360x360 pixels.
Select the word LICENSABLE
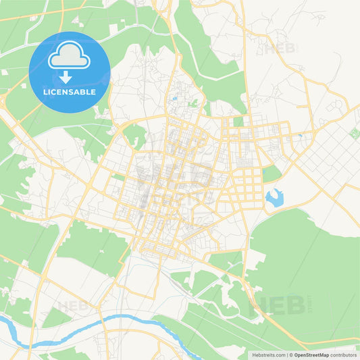69,92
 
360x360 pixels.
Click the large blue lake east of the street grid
275,197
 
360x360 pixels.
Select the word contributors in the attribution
343,355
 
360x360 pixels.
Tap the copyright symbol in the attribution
292,355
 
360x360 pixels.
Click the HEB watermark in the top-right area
278,49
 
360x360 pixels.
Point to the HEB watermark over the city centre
174,177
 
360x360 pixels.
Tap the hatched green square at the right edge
355,133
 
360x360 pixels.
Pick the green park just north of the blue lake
272,174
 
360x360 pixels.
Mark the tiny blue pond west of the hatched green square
299,136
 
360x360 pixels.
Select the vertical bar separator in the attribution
288,355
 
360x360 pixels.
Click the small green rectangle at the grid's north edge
238,122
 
